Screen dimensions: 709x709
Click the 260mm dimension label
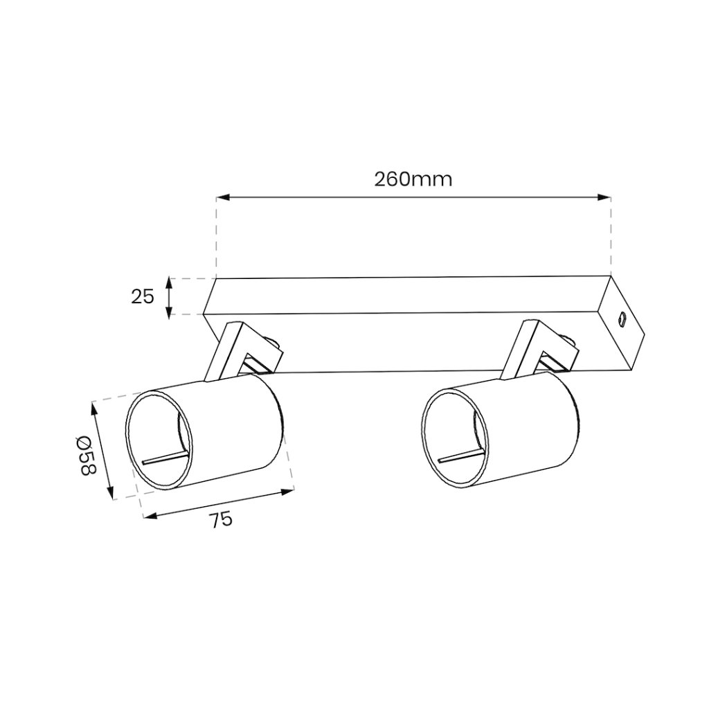pyautogui.click(x=413, y=179)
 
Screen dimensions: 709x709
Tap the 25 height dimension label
pyautogui.click(x=143, y=296)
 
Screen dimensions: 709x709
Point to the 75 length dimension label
pyautogui.click(x=221, y=519)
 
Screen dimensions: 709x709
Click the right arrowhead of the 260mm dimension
pyautogui.click(x=604, y=197)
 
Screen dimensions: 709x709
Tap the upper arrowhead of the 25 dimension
pyautogui.click(x=169, y=284)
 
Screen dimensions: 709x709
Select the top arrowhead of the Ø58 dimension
pyautogui.click(x=95, y=409)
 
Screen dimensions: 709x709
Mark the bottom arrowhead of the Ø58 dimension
pyautogui.click(x=110, y=492)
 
